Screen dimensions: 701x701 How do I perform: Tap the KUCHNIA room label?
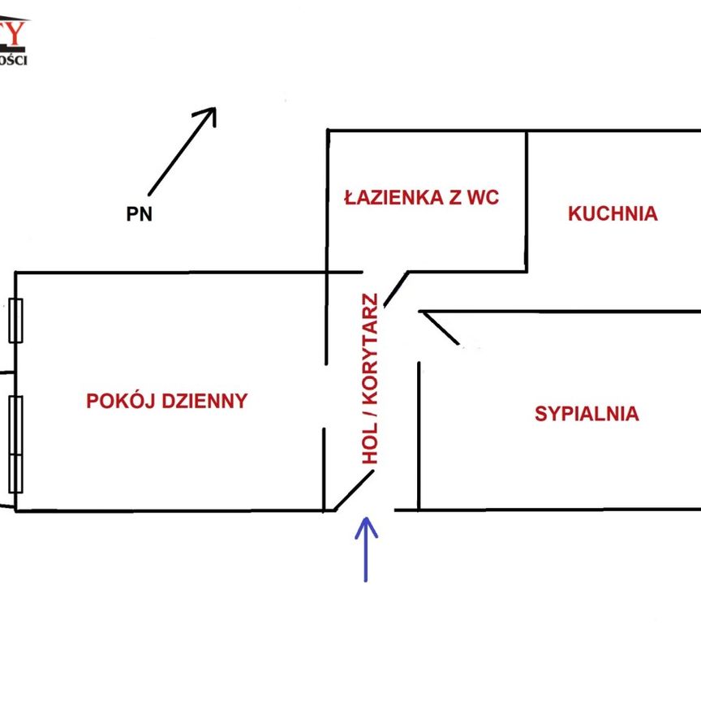tap(613, 214)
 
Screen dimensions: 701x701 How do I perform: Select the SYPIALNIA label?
tap(587, 414)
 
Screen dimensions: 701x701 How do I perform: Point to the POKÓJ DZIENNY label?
tap(166, 401)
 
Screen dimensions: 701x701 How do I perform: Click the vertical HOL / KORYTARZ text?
tap(371, 378)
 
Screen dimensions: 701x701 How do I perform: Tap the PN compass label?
tap(139, 215)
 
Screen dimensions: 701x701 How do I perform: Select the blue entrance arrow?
tap(366, 549)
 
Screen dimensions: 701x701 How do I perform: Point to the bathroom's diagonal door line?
tap(395, 289)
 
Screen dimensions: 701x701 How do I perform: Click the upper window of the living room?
tap(15, 320)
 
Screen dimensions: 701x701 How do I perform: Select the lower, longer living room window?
tap(15, 444)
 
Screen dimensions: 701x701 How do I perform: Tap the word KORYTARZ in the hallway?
tap(371, 348)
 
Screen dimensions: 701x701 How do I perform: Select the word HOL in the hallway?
tap(371, 445)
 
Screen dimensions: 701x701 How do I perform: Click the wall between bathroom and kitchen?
tap(527, 200)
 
